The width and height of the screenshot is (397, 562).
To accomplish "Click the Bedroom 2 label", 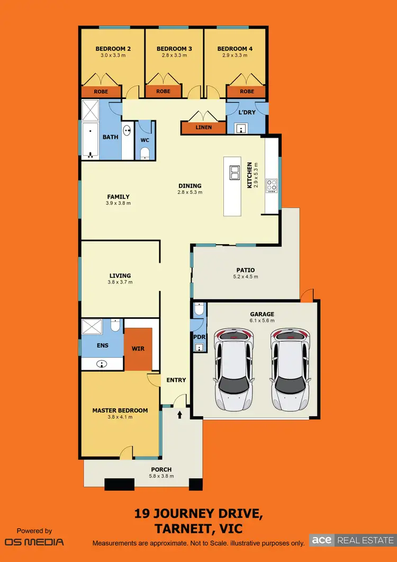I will (113, 49).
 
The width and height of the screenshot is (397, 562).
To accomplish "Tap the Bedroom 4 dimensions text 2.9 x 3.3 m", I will (234, 55).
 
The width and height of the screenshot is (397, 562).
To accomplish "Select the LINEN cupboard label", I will (204, 128).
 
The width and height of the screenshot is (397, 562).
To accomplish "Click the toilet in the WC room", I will (145, 153).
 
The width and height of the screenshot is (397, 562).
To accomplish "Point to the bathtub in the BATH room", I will (90, 140).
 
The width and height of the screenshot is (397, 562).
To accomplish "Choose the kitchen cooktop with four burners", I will (272, 185).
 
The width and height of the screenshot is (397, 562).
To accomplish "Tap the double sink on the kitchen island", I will (234, 173).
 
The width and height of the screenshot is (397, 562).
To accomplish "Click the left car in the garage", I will (233, 369).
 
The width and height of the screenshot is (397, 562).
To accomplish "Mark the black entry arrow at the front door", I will (180, 414).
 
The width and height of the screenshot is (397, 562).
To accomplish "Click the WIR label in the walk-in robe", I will (138, 349).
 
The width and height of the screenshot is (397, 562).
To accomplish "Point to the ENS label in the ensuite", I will (103, 345).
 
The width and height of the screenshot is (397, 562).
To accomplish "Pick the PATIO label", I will (245, 270).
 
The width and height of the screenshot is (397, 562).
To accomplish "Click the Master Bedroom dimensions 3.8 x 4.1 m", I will (120, 417).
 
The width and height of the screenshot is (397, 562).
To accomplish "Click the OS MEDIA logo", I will (34, 542).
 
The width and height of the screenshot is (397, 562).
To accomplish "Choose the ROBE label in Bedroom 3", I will (164, 92).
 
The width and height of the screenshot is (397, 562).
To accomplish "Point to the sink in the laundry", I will (241, 128).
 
